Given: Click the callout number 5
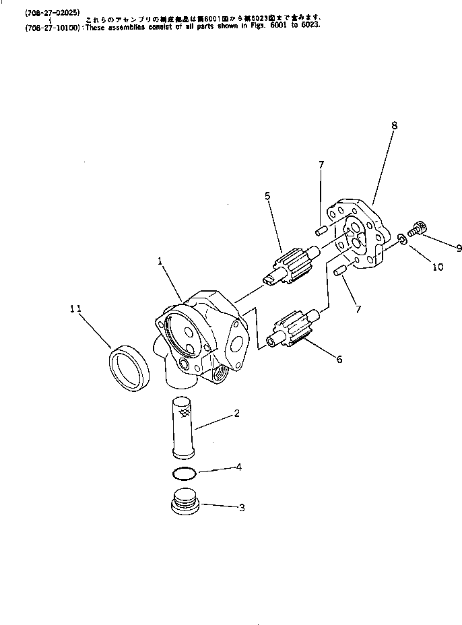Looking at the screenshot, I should [x=267, y=196].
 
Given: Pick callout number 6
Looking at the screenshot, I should [x=339, y=360].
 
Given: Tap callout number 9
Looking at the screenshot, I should [x=459, y=248].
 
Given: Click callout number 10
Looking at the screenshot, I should [x=438, y=267].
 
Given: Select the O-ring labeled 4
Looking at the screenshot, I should [x=183, y=471].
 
